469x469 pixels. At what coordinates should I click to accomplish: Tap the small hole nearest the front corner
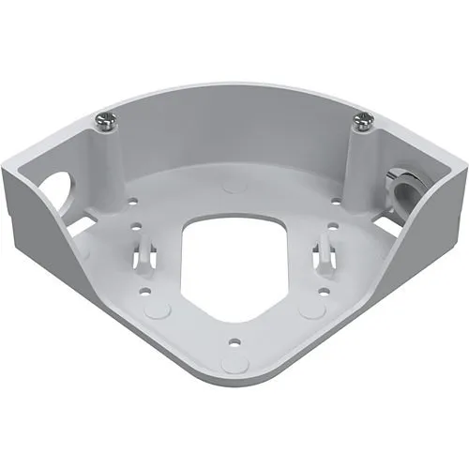click(x=234, y=339)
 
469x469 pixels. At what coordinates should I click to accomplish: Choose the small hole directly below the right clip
click(x=324, y=290)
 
